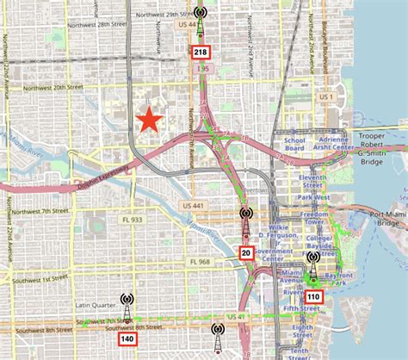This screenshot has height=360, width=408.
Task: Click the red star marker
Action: pyautogui.click(x=151, y=121)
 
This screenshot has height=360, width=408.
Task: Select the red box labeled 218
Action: pyautogui.click(x=200, y=53)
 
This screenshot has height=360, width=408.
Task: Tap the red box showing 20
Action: pyautogui.click(x=245, y=252)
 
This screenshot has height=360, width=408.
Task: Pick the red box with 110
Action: pyautogui.click(x=312, y=297)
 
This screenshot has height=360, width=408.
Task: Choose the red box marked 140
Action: pyautogui.click(x=127, y=339)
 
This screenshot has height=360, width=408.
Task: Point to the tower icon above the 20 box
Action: pyautogui.click(x=246, y=220)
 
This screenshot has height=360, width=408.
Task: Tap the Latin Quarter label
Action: pyautogui.click(x=95, y=304)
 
